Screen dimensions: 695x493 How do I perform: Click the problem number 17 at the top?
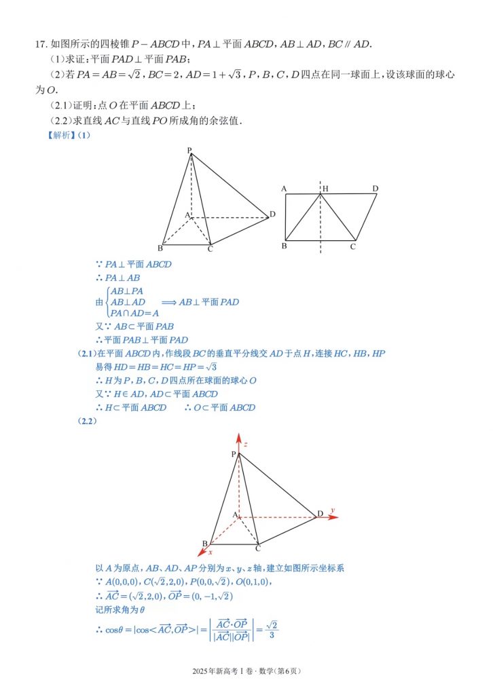39,44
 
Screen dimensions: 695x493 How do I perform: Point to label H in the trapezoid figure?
325,188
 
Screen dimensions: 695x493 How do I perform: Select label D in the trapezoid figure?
375,188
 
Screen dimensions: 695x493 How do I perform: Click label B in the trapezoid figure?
284,246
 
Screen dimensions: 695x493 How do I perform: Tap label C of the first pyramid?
211,249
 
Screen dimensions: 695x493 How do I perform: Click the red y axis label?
333,510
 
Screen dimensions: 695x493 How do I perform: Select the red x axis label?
211,552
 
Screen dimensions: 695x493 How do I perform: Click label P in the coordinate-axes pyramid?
233,454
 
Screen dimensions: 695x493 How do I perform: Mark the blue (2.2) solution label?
88,421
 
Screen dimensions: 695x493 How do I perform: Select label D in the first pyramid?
272,214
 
